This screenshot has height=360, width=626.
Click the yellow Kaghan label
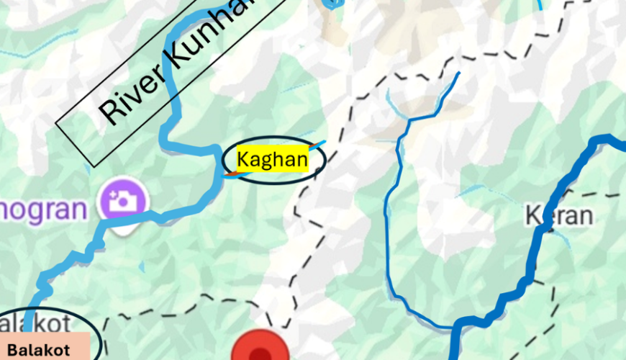pos(273,159)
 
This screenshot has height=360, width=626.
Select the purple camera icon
pos(124,201)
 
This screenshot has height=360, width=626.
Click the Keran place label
pos(559,215)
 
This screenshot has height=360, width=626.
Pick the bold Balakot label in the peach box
pos(39,351)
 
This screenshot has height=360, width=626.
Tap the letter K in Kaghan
pos(243,159)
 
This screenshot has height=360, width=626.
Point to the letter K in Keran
pos(533,215)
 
